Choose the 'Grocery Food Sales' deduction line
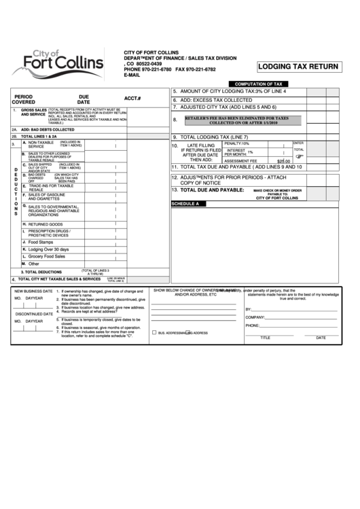47,256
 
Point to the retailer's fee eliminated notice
246,120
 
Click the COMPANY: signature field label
255,317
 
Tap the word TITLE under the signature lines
265,337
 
